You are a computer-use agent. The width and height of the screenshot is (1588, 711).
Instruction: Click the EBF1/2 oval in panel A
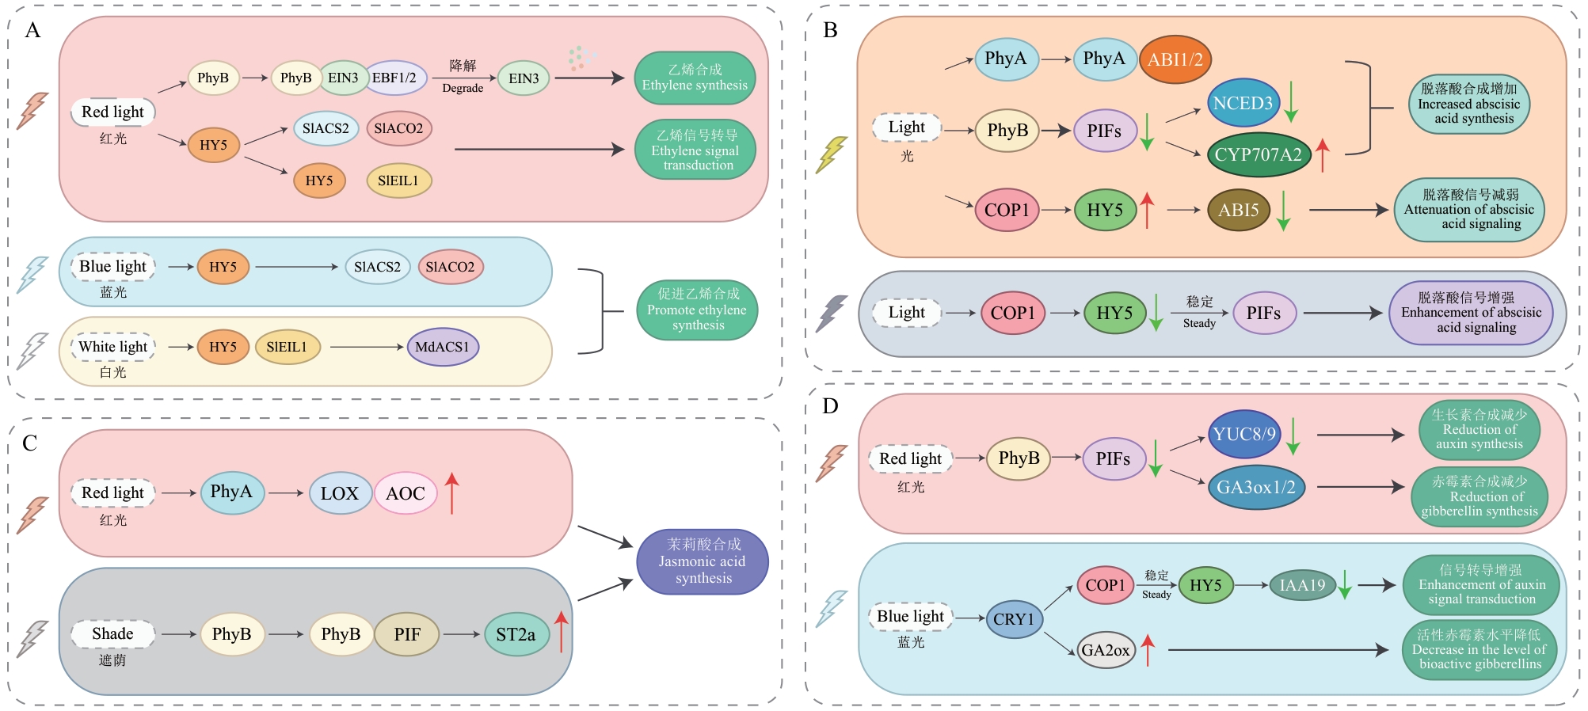(395, 78)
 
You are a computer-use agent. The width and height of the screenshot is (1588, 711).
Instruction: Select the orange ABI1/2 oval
(1175, 59)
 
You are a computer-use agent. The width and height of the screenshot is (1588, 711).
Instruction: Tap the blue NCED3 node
(1243, 103)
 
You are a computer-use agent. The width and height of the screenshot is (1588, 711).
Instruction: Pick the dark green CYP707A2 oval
(1258, 154)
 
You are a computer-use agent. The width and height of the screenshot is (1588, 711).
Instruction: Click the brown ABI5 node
(1238, 210)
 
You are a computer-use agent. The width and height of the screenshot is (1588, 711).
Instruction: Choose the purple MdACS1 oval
(442, 347)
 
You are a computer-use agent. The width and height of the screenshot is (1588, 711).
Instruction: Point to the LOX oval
(340, 493)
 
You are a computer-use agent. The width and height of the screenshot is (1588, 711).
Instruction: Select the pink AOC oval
(405, 493)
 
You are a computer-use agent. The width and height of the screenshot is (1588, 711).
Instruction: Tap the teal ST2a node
(516, 634)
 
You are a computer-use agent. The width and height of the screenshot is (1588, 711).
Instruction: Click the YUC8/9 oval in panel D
(1244, 434)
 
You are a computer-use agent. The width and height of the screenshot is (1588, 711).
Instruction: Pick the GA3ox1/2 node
(1255, 487)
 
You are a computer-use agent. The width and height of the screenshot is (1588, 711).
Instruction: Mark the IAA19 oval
(1302, 585)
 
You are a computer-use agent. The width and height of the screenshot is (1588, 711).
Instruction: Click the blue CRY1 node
(1014, 619)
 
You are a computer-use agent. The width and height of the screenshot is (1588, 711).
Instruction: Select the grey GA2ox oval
(1106, 650)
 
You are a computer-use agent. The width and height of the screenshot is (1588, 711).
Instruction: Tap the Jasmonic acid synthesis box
(702, 561)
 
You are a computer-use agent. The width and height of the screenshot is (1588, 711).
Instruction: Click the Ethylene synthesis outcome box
(695, 78)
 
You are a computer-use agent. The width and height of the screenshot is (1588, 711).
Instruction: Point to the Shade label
(112, 633)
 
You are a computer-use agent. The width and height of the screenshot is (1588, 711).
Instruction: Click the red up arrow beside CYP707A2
(1322, 154)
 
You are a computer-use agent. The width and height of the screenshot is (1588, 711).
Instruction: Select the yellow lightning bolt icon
(831, 154)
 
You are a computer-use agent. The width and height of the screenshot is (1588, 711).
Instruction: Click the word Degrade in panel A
(463, 89)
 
